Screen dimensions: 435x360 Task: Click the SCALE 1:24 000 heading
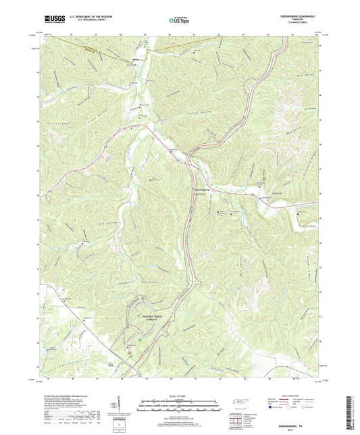pos(178,396)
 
